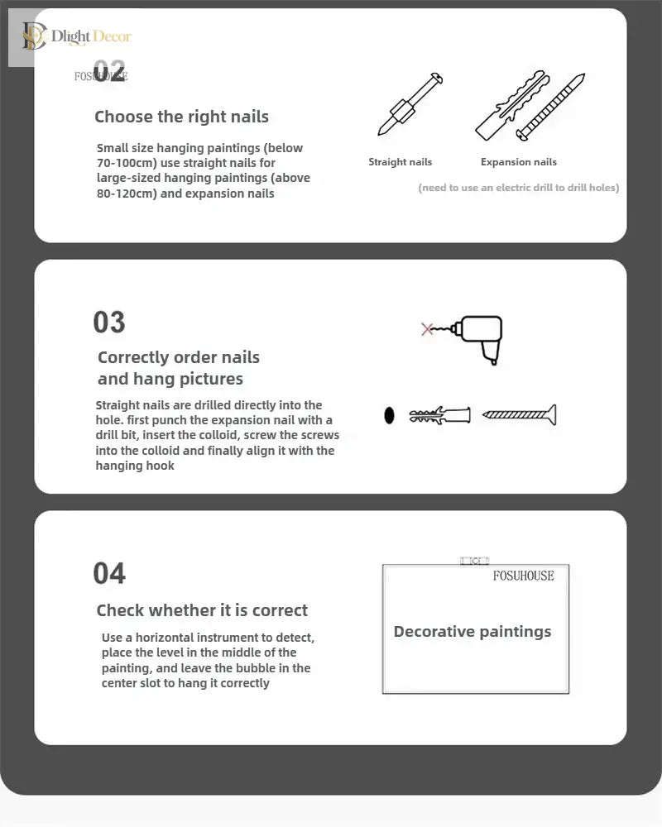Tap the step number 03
pos(109,323)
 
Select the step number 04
pos(109,573)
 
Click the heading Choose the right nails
pos(181,117)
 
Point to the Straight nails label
pos(401,162)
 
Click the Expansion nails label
pos(519,162)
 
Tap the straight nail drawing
pos(410,104)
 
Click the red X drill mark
pos(427,329)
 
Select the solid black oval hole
pos(389,416)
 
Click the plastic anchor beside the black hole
pos(439,416)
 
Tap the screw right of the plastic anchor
pos(520,414)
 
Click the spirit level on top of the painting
pos(475,561)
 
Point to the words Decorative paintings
pos(473,631)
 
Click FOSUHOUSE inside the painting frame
pos(524,576)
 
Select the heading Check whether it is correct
pos(202,610)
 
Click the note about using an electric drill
pos(518,188)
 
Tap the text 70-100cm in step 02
pos(127,163)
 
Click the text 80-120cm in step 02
pos(127,194)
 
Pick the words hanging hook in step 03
pos(135,466)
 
